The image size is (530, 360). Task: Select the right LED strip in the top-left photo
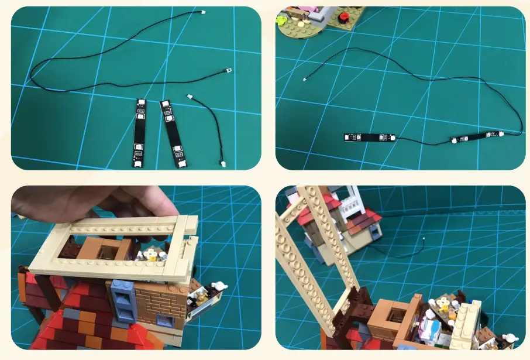pyautogui.click(x=171, y=132)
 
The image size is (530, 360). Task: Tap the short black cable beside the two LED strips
pyautogui.click(x=209, y=126)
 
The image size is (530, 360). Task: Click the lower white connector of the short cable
pyautogui.click(x=222, y=164)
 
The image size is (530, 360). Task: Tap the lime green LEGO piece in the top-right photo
pyautogui.click(x=283, y=18)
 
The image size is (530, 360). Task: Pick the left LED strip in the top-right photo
pyautogui.click(x=369, y=138)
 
